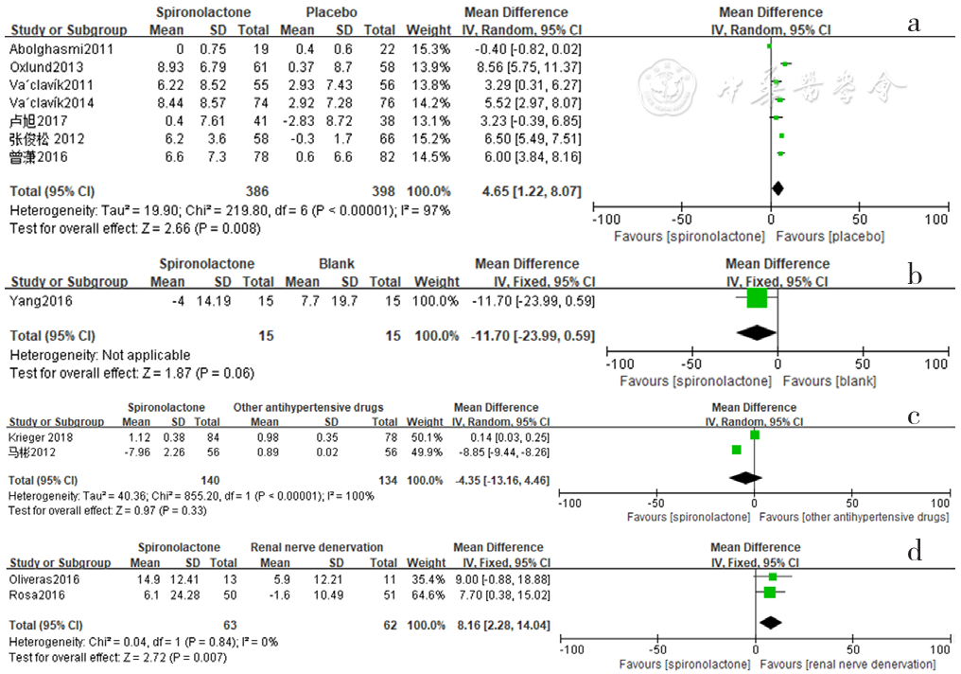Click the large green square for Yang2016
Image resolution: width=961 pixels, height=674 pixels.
coord(757,299)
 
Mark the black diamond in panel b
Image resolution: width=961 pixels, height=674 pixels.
coord(756,332)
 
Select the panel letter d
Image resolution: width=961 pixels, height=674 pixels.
coord(915,552)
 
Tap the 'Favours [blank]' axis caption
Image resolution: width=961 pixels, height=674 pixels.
coord(831,381)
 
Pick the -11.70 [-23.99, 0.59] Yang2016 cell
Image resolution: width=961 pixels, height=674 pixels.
coord(533,300)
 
